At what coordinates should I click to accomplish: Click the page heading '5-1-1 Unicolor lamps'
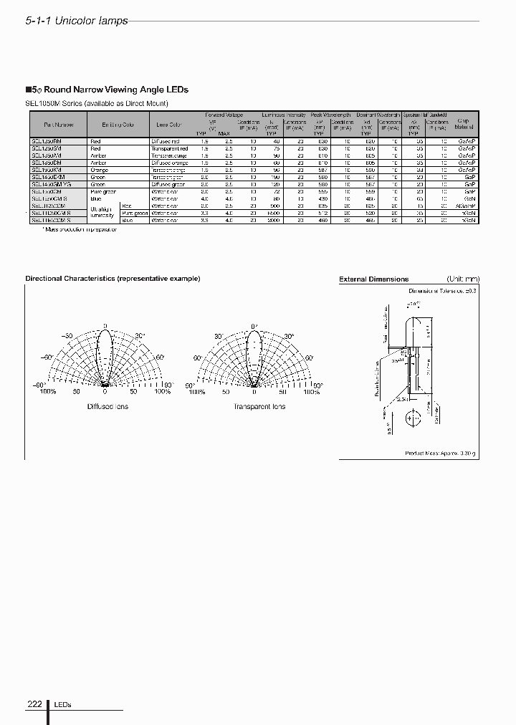(77, 21)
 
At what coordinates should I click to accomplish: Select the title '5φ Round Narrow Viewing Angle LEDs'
(107, 90)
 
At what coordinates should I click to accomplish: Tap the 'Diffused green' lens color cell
(168, 185)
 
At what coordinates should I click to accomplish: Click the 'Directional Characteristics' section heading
(113, 279)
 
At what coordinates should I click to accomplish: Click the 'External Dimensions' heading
(373, 279)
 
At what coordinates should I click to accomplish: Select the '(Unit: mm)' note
(463, 279)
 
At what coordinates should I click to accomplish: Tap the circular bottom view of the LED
(414, 419)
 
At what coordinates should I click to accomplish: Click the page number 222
(34, 704)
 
